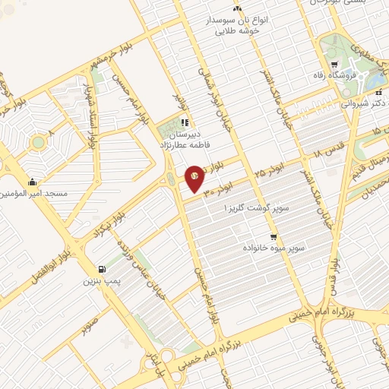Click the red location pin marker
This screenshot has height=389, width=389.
[194, 178]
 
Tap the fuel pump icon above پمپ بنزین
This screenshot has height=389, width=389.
[101, 269]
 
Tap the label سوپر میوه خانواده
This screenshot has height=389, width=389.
[274, 248]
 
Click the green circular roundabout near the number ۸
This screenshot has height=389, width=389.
[38, 141]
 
